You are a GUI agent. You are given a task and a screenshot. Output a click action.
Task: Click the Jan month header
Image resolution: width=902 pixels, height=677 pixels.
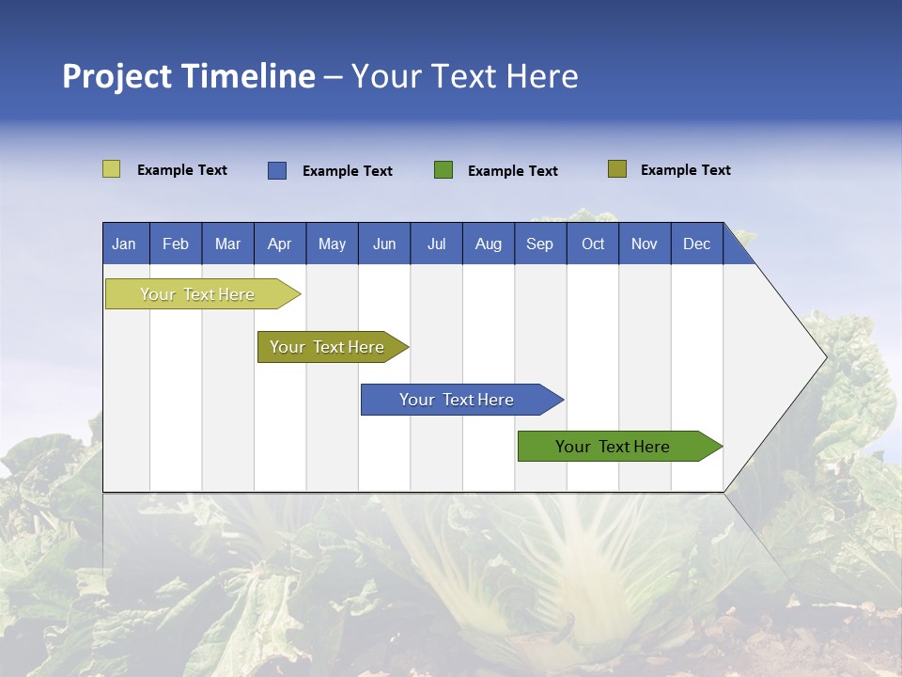coord(125,244)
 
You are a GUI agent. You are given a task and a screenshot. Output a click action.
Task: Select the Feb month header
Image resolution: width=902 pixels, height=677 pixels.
coord(176,244)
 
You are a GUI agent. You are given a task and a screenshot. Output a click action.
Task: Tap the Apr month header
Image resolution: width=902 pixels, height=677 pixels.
coord(280,244)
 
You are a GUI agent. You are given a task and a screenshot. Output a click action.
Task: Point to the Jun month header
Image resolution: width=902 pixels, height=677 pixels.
coord(384,244)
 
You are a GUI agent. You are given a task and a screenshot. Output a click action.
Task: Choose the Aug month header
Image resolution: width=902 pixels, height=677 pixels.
coord(489,244)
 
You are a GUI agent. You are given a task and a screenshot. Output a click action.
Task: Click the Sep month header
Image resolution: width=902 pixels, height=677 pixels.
coord(540,244)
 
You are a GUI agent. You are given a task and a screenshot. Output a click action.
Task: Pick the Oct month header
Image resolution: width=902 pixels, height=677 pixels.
coord(593,244)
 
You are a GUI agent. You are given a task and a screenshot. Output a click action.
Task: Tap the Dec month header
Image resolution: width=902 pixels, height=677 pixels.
coord(697,244)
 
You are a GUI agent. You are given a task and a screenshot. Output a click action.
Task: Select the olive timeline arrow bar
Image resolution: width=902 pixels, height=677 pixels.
coord(329,347)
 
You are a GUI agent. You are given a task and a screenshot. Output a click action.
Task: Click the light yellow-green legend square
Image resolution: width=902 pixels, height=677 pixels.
coord(111,169)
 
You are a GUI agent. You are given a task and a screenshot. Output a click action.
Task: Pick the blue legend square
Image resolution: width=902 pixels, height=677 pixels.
coord(277,170)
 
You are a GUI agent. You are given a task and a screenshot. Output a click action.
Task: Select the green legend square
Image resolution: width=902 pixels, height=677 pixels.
coord(443,169)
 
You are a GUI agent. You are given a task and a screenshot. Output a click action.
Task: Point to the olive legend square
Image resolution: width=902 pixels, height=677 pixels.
coord(617,169)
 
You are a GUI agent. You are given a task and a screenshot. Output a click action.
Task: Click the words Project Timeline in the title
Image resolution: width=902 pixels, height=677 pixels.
coord(189,76)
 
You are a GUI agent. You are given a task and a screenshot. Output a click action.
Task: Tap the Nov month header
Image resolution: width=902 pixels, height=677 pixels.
coord(645,244)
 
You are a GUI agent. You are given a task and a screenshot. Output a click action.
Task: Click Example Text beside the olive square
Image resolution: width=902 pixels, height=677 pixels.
coord(685,170)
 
